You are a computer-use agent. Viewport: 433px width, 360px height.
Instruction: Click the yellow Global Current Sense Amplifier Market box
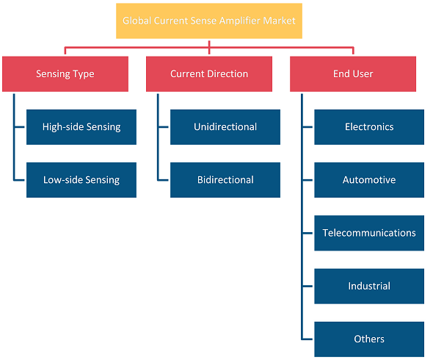[209, 21]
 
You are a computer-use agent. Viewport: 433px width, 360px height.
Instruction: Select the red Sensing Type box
[65, 73]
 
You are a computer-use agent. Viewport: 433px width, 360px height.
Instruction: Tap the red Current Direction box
[209, 73]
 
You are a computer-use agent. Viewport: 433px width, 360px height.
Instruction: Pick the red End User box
[353, 73]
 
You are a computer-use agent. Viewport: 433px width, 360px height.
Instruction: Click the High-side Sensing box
[81, 127]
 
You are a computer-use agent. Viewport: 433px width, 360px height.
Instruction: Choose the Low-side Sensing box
[81, 180]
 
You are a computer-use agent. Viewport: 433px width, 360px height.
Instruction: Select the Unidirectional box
[225, 127]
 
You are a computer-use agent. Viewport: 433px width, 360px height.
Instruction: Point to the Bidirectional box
[225, 180]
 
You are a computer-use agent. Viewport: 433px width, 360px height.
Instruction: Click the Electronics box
[369, 127]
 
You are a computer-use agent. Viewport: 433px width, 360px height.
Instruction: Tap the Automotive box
[369, 180]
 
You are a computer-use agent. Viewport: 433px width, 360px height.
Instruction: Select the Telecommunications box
[369, 233]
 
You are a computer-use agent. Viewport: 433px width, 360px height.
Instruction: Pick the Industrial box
[369, 287]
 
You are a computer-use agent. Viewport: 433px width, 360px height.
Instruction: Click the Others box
[369, 339]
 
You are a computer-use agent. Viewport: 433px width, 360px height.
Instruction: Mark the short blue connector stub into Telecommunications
[308, 233]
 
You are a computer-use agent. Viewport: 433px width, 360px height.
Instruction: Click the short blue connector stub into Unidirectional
[164, 127]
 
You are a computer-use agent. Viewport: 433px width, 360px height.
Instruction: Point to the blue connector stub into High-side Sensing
[20, 127]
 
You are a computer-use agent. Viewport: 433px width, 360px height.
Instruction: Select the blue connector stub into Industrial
[308, 287]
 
